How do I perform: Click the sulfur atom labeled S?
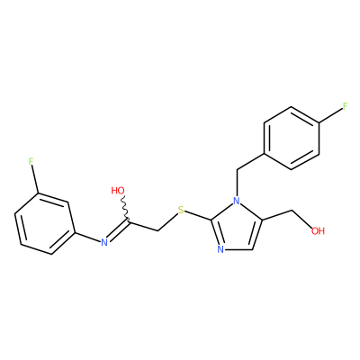click(181, 211)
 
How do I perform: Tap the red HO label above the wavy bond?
click(118, 191)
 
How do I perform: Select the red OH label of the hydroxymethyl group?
click(318, 230)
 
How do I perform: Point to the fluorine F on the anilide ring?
click(31, 162)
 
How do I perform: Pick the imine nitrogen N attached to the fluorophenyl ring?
click(104, 242)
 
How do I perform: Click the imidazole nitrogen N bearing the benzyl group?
click(237, 200)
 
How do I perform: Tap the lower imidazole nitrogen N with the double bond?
click(220, 249)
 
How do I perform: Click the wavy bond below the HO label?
click(126, 210)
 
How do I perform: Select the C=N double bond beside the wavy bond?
click(118, 231)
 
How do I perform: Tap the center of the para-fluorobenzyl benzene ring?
click(291, 138)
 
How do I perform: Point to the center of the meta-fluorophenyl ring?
click(45, 224)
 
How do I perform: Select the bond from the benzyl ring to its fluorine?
click(330, 115)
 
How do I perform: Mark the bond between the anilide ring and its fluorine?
click(34, 180)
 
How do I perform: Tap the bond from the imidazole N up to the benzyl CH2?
click(237, 183)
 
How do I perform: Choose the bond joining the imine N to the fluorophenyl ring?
click(87, 237)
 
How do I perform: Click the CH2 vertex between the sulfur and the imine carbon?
click(158, 230)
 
